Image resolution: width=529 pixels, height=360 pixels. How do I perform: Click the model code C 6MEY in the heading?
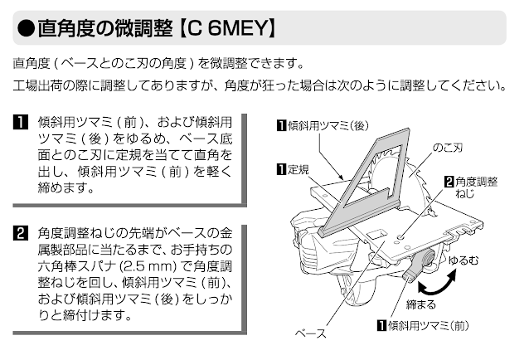point(221,27)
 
